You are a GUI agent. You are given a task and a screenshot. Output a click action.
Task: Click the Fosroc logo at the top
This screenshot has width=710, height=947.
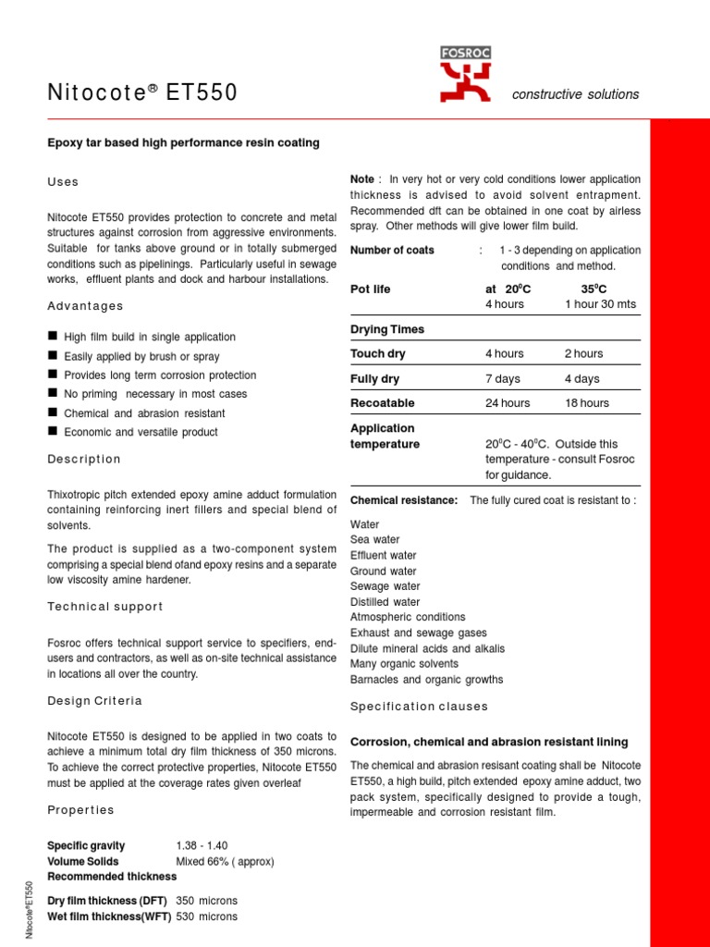pyautogui.click(x=465, y=75)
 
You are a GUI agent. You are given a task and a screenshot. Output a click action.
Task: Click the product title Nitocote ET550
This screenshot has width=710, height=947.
pyautogui.click(x=142, y=92)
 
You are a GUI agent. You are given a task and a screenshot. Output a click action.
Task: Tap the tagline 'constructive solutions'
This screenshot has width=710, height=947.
pyautogui.click(x=575, y=94)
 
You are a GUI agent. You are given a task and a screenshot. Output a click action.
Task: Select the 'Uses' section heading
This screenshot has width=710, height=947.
pyautogui.click(x=63, y=182)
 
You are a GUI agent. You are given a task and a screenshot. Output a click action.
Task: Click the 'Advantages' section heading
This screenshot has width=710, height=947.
pyautogui.click(x=85, y=306)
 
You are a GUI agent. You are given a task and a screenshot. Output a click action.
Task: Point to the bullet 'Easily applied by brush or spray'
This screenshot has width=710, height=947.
pyautogui.click(x=141, y=356)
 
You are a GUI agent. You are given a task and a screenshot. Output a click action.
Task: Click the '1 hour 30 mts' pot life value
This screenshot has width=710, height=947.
pyautogui.click(x=600, y=304)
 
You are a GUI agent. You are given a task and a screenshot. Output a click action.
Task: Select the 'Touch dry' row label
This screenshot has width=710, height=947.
pyautogui.click(x=377, y=353)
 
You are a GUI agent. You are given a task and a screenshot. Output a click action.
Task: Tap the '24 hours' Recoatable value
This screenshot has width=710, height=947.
pyautogui.click(x=508, y=403)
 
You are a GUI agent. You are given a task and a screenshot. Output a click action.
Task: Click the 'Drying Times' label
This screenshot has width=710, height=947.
pyautogui.click(x=387, y=329)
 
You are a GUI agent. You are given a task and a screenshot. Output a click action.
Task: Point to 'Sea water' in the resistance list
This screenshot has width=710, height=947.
pyautogui.click(x=374, y=540)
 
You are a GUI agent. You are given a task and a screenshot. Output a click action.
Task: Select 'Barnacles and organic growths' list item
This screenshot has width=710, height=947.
pyautogui.click(x=426, y=680)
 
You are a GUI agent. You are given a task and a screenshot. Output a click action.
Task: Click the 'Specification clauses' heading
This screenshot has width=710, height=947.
pyautogui.click(x=419, y=707)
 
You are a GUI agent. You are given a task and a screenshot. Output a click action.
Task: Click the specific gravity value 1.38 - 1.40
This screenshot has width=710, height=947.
pyautogui.click(x=202, y=845)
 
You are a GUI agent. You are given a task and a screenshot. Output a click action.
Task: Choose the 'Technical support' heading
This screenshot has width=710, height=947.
pyautogui.click(x=104, y=607)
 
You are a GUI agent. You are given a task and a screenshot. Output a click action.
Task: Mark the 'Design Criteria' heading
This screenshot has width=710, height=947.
pyautogui.click(x=94, y=701)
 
